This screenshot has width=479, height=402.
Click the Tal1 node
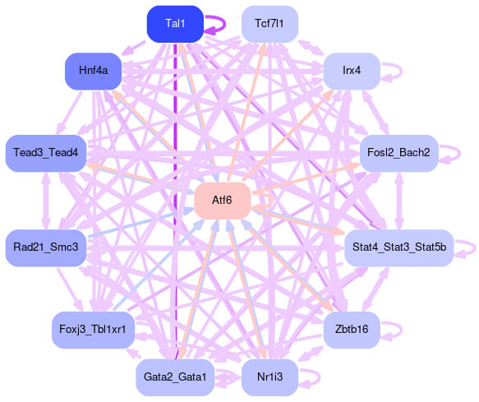pos(175,24)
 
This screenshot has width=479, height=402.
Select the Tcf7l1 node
pos(269,24)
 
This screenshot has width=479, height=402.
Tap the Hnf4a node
pos(93,72)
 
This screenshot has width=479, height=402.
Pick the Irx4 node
pos(352,72)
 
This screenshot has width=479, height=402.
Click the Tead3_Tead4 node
pos(46,153)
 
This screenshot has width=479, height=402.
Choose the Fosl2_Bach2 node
pos(398,153)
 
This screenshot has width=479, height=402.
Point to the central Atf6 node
pos(223,201)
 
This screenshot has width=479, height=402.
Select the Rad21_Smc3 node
pos(46,248)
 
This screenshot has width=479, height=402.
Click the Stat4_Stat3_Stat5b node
pos(399,248)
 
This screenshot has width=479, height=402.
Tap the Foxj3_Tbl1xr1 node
pos(93,330)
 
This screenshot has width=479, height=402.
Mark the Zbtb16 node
pos(352,330)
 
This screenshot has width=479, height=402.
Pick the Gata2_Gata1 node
pos(175,377)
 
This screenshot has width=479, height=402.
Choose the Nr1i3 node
pos(269,377)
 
